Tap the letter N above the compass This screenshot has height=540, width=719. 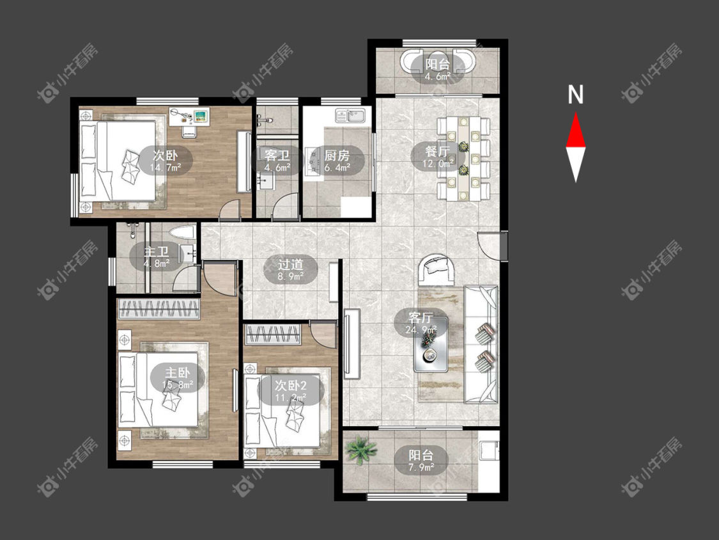click(575, 95)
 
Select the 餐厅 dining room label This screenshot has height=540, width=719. click(437, 151)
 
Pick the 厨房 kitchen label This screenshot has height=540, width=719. click(337, 155)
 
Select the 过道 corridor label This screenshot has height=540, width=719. click(291, 264)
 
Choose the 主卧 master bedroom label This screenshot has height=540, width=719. click(178, 372)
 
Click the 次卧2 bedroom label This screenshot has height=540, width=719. click(290, 385)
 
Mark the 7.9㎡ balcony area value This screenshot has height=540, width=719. click(421, 468)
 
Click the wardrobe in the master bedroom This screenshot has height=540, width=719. click(158, 308)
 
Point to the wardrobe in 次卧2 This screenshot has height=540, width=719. click(274, 334)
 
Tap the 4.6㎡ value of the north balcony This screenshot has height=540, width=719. click(437, 77)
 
